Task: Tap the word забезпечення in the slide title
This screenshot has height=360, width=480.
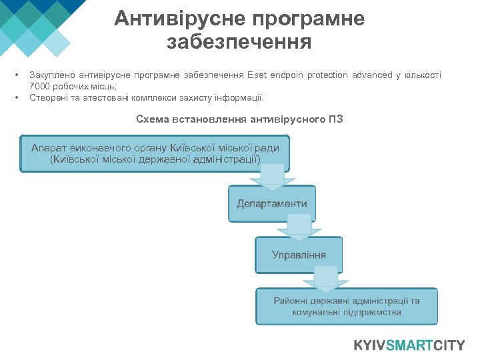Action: pos(239,43)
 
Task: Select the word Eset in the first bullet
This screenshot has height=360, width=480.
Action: pos(257,75)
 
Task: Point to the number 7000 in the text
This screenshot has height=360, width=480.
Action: pos(41,87)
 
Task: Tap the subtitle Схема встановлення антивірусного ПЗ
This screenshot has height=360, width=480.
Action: pos(239,120)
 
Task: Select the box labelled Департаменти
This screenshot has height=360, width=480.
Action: pos(272,203)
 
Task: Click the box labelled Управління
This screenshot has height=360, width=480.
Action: pos(299,255)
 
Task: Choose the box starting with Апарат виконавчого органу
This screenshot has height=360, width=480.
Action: pos(155,154)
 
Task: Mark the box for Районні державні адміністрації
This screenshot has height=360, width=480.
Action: pos(347,306)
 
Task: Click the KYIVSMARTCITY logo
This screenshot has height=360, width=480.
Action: pos(409,345)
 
